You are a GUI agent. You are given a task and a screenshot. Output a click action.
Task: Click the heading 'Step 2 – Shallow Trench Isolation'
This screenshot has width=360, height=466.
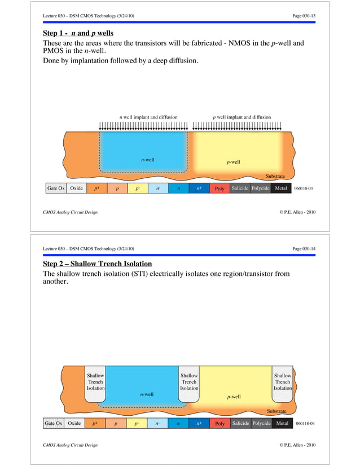(x=97, y=264)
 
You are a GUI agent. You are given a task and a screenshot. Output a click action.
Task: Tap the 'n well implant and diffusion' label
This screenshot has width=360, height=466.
(x=148, y=117)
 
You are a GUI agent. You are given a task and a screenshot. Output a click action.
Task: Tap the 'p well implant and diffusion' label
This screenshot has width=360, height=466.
(x=242, y=117)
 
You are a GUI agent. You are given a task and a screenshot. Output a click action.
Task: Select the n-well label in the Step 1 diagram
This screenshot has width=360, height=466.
(x=148, y=160)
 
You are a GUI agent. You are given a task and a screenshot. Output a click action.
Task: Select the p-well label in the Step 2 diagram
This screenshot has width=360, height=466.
(x=234, y=397)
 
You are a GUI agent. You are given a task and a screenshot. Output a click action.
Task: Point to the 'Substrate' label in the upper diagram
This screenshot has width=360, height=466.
(x=275, y=177)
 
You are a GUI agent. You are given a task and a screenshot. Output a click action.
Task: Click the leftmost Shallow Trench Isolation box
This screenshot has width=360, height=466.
(x=95, y=382)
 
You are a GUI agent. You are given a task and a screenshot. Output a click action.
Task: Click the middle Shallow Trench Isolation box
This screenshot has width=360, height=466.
(x=189, y=382)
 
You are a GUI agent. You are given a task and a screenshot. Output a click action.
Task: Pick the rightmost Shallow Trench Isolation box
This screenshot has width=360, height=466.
(x=282, y=382)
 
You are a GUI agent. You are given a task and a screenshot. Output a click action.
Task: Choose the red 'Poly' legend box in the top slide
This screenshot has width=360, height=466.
(x=219, y=189)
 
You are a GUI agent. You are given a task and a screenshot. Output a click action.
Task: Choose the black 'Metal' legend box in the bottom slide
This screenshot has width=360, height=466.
(x=282, y=423)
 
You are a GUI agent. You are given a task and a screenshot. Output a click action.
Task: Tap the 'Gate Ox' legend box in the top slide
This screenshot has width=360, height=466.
(x=56, y=188)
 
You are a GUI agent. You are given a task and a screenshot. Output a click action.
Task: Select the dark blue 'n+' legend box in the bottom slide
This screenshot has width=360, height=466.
(x=199, y=423)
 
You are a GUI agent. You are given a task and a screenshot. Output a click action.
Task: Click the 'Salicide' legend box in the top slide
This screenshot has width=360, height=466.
(x=240, y=188)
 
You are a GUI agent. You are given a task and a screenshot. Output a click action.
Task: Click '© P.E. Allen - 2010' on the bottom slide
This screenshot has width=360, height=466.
(x=297, y=446)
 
